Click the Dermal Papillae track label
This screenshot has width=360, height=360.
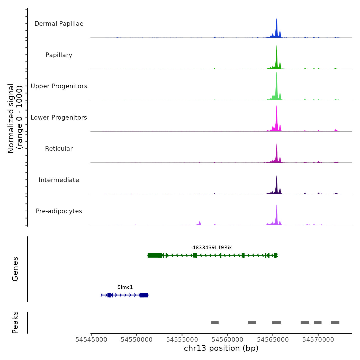point(59,24)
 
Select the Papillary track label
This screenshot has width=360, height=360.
point(59,55)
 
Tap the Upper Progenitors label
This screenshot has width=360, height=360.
point(59,86)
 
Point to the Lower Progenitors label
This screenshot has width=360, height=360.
point(59,118)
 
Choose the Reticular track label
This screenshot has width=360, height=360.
point(59,149)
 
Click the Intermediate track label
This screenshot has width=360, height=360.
point(59,180)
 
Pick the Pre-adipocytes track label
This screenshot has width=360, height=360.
point(59,211)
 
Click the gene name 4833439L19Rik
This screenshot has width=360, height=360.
point(212,248)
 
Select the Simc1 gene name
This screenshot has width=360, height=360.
point(125,287)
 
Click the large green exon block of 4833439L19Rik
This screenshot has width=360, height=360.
point(155,255)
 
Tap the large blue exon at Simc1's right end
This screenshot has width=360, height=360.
point(144,295)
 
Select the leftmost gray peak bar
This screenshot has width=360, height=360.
point(215,323)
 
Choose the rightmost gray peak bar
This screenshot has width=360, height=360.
point(335,323)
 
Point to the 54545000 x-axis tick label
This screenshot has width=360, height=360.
point(91,340)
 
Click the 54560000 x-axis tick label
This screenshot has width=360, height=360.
point(227,340)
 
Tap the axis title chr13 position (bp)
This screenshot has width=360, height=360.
point(221,348)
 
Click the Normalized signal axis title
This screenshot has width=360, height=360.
point(15,118)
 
